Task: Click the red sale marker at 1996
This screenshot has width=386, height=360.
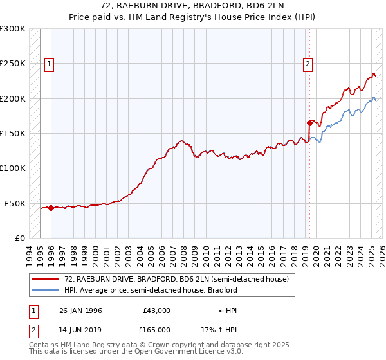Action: (51, 208)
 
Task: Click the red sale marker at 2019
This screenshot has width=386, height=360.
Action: (309, 123)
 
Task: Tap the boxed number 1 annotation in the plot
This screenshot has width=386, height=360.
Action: (50, 64)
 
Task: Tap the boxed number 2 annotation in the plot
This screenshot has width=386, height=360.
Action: (308, 64)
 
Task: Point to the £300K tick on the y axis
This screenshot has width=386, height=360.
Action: (13, 29)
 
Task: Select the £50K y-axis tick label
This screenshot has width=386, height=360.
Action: (15, 203)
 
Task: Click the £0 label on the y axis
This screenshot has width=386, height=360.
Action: (19, 238)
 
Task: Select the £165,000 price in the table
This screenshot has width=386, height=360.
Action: (156, 329)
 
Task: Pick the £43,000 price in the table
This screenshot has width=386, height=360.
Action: (156, 310)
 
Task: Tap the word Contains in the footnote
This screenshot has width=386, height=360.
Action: (44, 345)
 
